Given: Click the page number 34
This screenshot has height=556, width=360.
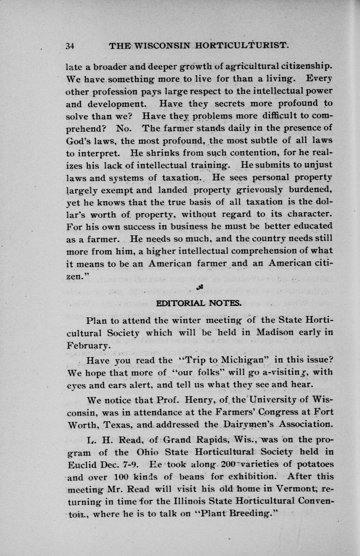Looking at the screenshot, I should pyautogui.click(x=71, y=46).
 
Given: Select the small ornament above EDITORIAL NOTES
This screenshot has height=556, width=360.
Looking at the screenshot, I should pyautogui.click(x=199, y=286).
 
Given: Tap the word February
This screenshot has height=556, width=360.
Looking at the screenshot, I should pyautogui.click(x=87, y=346).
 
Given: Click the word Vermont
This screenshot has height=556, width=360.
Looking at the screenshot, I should pyautogui.click(x=293, y=489).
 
